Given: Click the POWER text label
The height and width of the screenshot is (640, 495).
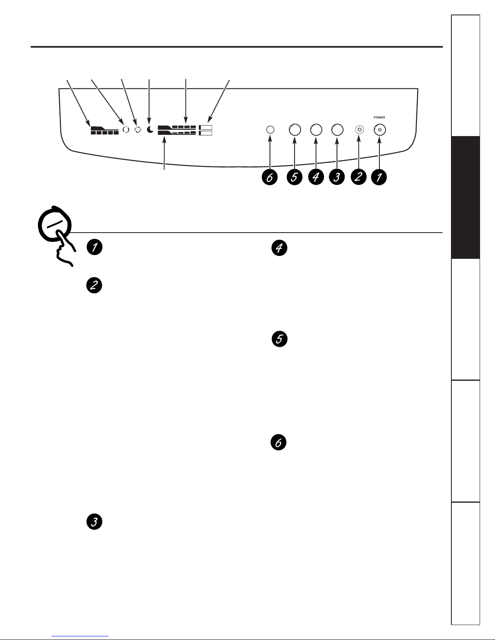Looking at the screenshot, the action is (x=379, y=118).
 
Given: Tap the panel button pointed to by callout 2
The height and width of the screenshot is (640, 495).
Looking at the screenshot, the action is (x=359, y=130).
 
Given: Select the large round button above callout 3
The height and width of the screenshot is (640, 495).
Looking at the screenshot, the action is (x=337, y=130).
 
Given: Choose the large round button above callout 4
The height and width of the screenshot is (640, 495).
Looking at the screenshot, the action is (x=316, y=130).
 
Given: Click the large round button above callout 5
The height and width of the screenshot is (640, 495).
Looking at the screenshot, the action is (x=295, y=130).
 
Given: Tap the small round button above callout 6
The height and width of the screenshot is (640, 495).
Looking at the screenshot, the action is (x=270, y=130).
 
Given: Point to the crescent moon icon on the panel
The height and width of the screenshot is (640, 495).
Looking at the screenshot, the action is (x=150, y=129).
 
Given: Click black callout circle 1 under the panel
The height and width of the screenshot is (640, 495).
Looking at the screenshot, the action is (x=379, y=177).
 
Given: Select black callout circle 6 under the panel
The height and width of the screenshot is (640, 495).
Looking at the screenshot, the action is (x=270, y=177).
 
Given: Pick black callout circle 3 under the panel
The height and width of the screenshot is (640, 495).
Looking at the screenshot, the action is (x=337, y=177).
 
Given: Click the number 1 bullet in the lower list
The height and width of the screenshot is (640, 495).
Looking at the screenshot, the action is (x=95, y=247).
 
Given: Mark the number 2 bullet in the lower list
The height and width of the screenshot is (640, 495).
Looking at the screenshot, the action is (x=94, y=285).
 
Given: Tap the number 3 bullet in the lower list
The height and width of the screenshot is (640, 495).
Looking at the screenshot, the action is (x=94, y=522).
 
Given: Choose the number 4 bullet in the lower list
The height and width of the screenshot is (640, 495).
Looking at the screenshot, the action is (x=279, y=248).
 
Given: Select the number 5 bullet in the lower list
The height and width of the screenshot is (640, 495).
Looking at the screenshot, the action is (x=280, y=339).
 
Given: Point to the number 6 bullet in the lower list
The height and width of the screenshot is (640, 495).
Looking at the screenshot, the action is (x=278, y=443).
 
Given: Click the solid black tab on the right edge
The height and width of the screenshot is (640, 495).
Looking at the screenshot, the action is (x=466, y=197).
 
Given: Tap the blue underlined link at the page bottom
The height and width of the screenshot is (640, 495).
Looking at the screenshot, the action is (x=80, y=636).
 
